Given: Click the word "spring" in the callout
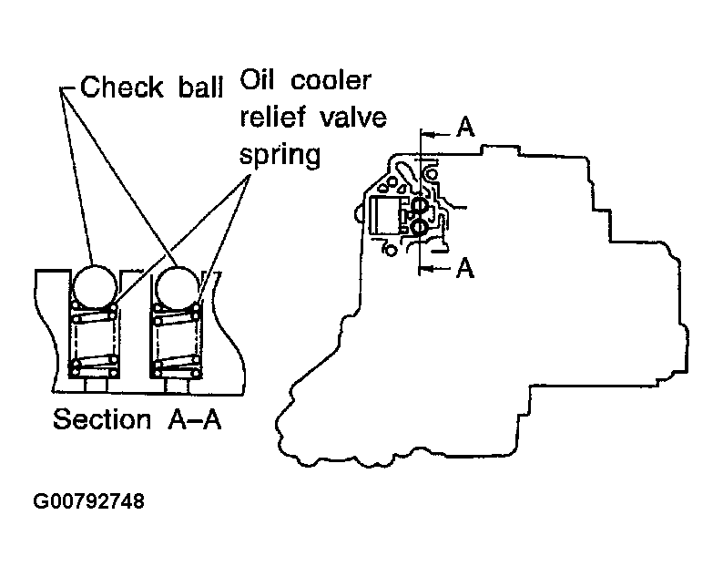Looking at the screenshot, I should tap(280, 155).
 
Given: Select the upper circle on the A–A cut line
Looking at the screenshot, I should tap(420, 205).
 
